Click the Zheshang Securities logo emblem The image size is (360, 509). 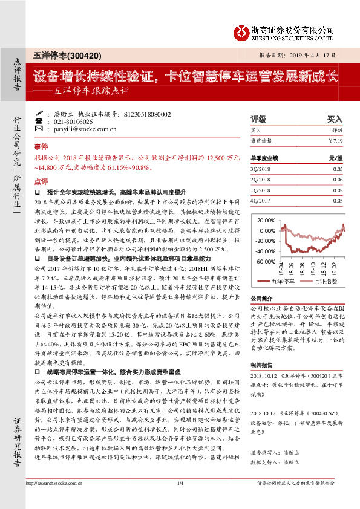242,31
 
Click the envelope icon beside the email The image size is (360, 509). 39,129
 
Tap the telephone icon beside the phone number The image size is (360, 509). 39,122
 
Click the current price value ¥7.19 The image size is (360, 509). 334,140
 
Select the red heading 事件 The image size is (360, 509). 41,146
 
